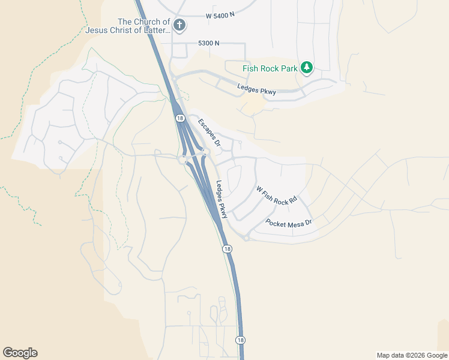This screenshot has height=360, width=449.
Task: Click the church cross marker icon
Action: pyautogui.click(x=179, y=26)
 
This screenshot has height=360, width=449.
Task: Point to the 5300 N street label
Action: pyautogui.click(x=209, y=43)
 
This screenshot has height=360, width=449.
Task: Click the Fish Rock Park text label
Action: pyautogui.click(x=270, y=68)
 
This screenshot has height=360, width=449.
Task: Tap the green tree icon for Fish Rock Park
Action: pyautogui.click(x=307, y=67)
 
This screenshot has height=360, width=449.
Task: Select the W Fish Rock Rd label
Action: pyautogui.click(x=277, y=196)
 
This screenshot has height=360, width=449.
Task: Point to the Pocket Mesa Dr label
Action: pyautogui.click(x=289, y=223)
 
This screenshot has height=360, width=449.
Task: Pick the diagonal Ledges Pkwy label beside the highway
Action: pyautogui.click(x=222, y=199)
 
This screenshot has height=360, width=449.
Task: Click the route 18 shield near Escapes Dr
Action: pyautogui.click(x=180, y=119)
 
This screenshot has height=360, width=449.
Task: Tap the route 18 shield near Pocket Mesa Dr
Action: pyautogui.click(x=226, y=248)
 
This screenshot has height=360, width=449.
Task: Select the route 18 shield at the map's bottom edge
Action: pyautogui.click(x=241, y=340)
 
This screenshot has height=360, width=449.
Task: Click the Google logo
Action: pyautogui.click(x=20, y=353)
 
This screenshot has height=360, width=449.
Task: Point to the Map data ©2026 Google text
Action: pyautogui.click(x=412, y=355)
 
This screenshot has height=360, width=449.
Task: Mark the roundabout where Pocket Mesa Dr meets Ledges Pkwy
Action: pyautogui.click(x=246, y=238)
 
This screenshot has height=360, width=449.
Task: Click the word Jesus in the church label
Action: pyautogui.click(x=100, y=30)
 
